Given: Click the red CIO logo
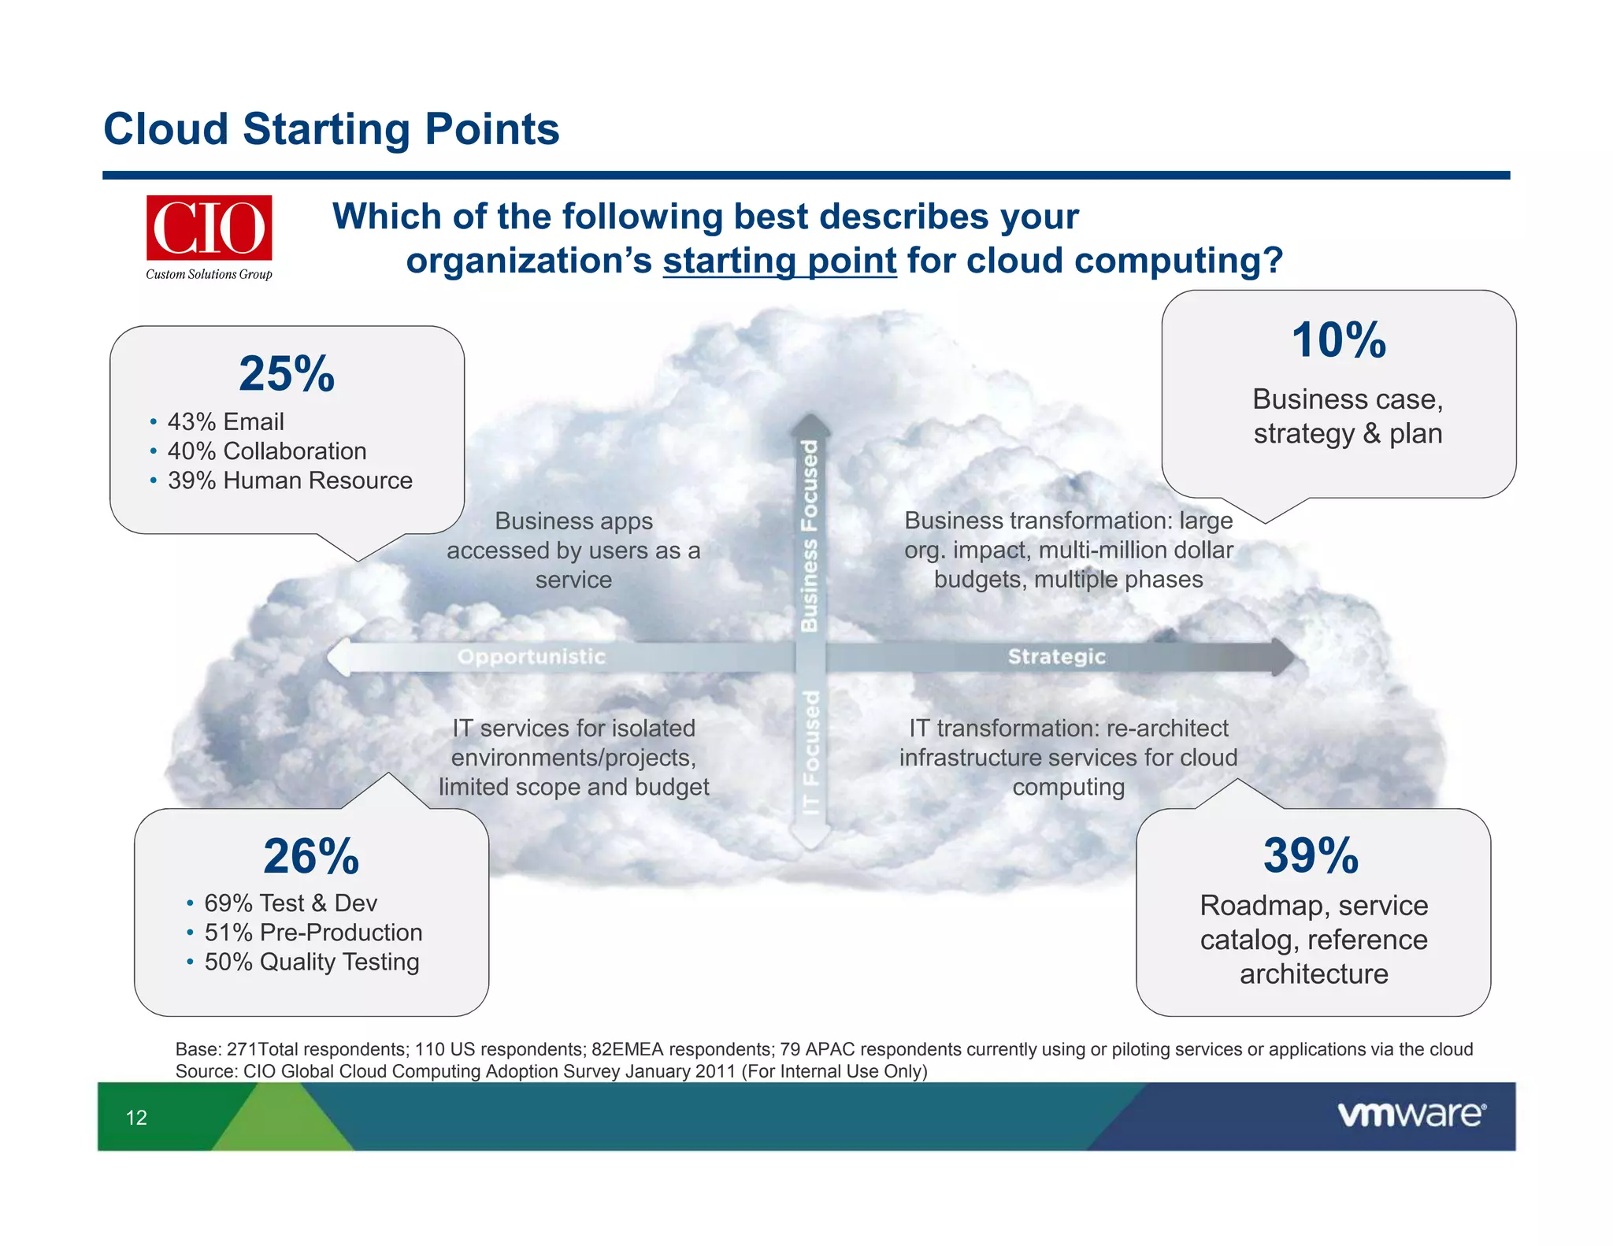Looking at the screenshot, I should point(209,228).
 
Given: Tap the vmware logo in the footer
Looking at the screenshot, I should point(1411,1114).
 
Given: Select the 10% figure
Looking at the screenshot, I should point(1338,340).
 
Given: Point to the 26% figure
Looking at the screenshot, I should point(311,856).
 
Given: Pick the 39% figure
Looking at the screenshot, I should point(1311,855).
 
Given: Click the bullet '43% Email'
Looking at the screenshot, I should point(225,422).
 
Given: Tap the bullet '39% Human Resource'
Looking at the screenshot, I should point(289,480).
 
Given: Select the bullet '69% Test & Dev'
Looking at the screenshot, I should point(290,903).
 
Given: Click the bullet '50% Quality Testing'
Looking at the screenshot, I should point(311,962).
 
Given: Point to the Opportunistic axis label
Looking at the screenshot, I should point(532,657).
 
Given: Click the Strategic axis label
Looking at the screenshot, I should point(1056,657).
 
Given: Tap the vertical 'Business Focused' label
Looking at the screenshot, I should point(810,536).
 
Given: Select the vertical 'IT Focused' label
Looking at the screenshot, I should point(810,752).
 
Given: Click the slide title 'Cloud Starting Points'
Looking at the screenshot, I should point(331,129).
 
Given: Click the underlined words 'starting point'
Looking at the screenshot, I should point(779,261).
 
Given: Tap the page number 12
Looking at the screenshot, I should point(136,1118).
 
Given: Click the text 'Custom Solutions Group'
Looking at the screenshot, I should point(209,274).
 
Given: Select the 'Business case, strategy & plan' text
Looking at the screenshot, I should point(1348,417).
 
